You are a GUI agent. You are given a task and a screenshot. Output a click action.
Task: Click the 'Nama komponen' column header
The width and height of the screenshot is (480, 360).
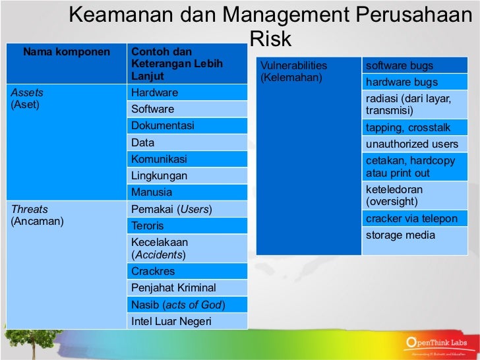tap(67, 52)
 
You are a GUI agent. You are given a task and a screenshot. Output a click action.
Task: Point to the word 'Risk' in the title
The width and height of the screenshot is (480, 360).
tap(270, 40)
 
